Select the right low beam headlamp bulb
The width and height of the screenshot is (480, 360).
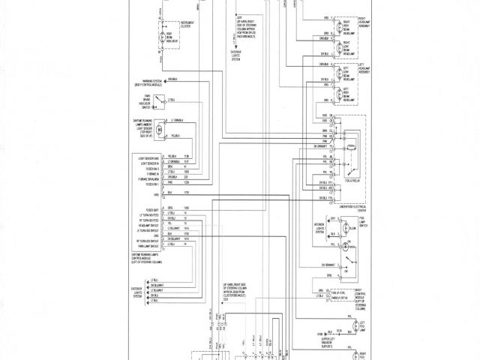(x=340, y=47)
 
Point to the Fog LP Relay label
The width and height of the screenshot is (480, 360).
(x=347, y=181)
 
